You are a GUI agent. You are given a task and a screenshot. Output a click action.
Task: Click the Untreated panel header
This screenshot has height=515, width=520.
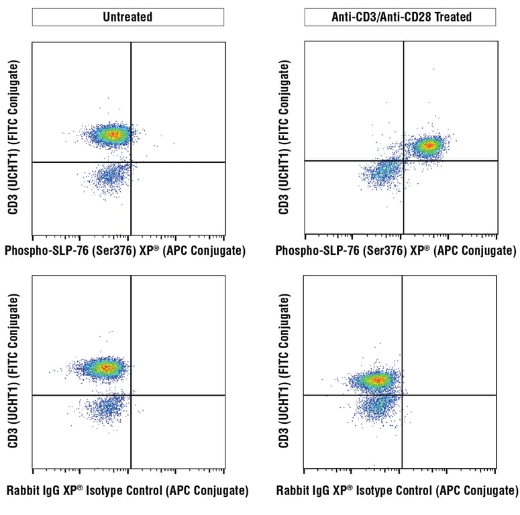[x=127, y=17]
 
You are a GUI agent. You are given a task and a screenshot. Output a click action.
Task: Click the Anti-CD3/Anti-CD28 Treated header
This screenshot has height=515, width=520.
[x=400, y=17]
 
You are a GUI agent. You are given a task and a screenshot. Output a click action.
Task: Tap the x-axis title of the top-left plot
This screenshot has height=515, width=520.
[x=125, y=251]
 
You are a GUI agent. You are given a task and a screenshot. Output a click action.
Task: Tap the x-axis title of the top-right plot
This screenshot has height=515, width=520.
[x=396, y=251]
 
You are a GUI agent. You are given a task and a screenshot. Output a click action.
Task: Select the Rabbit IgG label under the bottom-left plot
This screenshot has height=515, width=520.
[x=127, y=491]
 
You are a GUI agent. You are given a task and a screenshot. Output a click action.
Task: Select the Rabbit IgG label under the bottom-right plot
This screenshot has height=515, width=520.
[x=397, y=491]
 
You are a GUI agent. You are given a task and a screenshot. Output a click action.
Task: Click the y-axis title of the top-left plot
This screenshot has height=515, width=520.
[x=14, y=137]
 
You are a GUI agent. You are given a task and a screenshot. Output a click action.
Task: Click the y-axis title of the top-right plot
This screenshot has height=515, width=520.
[x=284, y=137]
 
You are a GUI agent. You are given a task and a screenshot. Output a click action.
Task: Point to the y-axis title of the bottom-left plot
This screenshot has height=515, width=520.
[x=14, y=371]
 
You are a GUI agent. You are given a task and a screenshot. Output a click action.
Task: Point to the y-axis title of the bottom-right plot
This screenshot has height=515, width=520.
[x=284, y=371]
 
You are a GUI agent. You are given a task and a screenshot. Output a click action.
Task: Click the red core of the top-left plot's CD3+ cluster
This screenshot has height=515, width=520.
[x=113, y=135]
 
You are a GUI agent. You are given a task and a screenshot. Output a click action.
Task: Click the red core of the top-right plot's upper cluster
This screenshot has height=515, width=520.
[x=429, y=145]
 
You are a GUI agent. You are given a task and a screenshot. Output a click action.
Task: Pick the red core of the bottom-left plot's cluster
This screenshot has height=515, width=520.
[x=105, y=367]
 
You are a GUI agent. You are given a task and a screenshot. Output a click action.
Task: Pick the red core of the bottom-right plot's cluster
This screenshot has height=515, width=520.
[x=376, y=380]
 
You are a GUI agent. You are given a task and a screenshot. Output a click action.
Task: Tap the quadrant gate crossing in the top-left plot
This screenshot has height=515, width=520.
[x=130, y=162]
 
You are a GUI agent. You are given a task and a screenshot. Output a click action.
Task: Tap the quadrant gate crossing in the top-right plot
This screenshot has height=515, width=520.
[x=403, y=160]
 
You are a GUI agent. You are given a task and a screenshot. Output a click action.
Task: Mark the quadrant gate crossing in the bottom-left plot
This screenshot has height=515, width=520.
[x=130, y=395]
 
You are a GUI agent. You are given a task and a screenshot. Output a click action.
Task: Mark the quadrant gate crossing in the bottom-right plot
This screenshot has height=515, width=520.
[x=402, y=395]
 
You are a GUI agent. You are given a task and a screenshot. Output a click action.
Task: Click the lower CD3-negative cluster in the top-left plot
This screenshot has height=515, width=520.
[x=111, y=176]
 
